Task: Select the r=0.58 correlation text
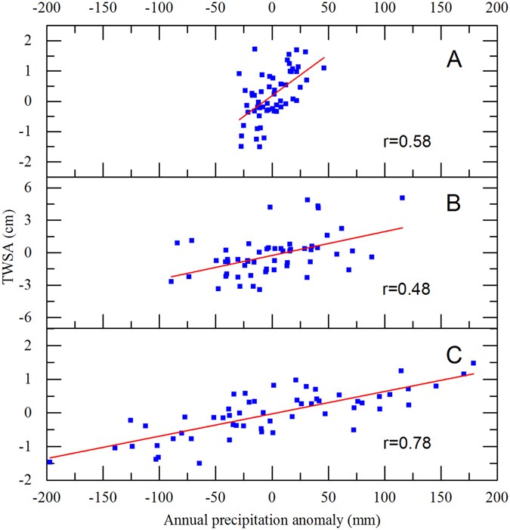[408, 141]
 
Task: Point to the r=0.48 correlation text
[408, 289]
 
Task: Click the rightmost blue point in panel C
[473, 363]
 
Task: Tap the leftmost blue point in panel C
[50, 461]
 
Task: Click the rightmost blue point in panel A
[323, 68]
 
